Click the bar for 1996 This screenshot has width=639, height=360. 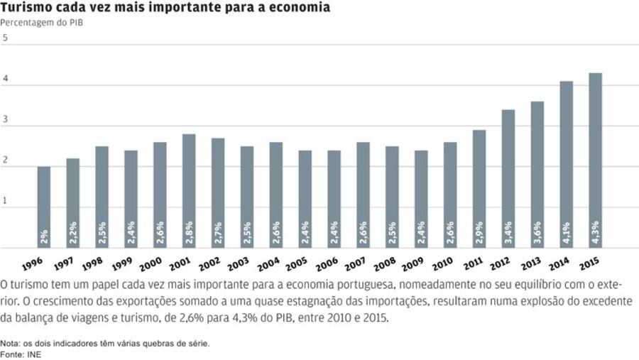pos(44,207)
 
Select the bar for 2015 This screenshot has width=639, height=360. pos(595,160)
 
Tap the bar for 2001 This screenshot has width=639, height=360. pos(189,191)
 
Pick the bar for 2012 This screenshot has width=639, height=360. pos(508,179)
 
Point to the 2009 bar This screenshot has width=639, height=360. pos(421,199)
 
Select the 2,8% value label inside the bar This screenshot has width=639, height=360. pos(189,231)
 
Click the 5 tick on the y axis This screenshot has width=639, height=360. pos(5,38)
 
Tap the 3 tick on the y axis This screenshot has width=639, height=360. pos(5,121)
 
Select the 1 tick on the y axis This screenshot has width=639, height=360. pos(5,202)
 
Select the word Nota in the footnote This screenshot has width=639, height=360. pos(11,344)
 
